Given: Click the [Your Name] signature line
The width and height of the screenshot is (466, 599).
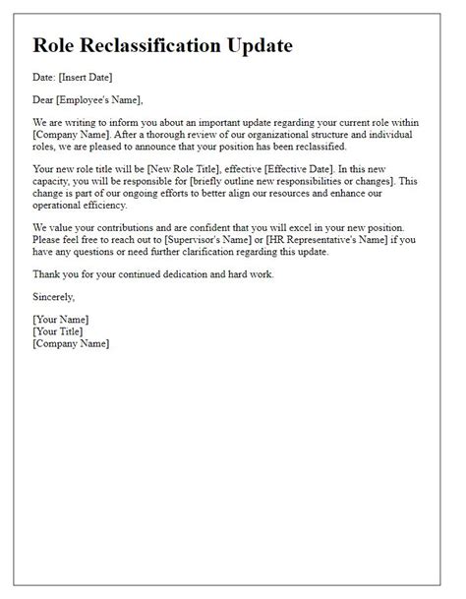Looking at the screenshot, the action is [x=60, y=320].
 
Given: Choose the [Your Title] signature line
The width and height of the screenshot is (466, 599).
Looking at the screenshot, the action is [x=59, y=331].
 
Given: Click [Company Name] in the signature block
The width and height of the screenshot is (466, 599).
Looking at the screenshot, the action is [x=71, y=344].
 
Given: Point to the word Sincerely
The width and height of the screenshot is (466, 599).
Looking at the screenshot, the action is [x=53, y=296].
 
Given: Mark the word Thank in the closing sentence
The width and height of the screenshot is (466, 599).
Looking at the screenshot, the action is [x=46, y=274].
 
